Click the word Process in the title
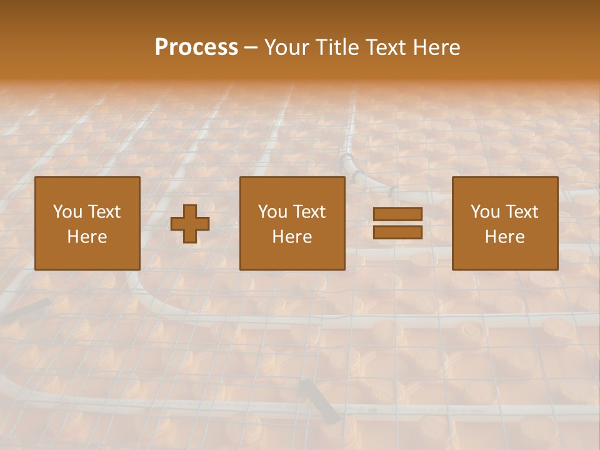pos(196,47)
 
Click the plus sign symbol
pos(190,224)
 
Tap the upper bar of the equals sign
pos(397,214)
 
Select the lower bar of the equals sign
pos(397,232)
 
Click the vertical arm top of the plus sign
pos(190,211)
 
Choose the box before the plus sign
pos(87,224)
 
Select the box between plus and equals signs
pos(292,224)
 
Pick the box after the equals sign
pos(505,224)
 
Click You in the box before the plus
pos(67,212)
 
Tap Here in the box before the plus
pos(87,237)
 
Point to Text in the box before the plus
pos(103,212)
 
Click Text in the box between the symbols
pos(309,212)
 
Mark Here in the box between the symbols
pos(292,237)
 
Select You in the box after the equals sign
pos(485,212)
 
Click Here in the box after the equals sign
pos(505,237)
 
